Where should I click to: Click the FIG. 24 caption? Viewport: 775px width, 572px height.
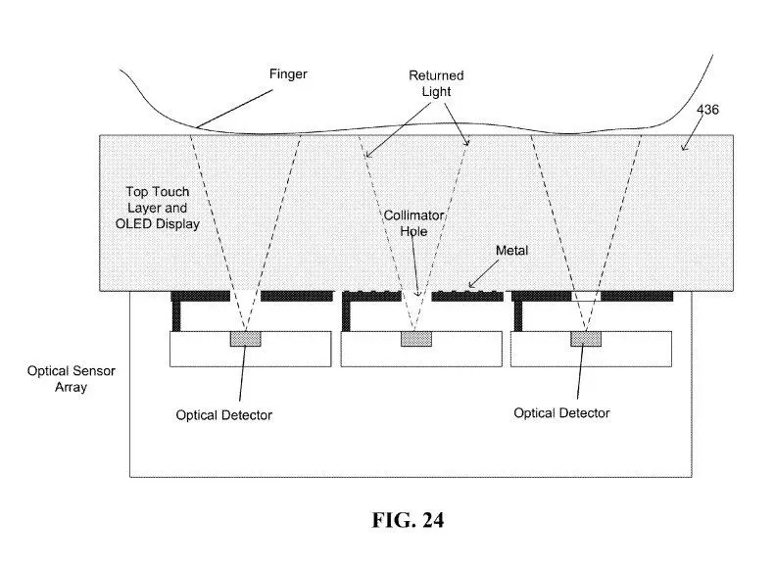coord(408,520)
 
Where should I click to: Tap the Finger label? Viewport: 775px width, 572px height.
coord(288,74)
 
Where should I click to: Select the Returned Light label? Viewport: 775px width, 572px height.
coord(436,83)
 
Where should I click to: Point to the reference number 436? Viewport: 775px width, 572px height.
coord(707,109)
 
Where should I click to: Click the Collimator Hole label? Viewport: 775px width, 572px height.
coord(414,223)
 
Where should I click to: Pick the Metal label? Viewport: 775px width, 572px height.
coord(511,251)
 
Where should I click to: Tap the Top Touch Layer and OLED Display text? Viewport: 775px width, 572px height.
coord(158,208)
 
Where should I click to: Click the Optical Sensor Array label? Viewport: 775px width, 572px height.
coord(72,379)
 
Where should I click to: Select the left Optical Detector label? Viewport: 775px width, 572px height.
coord(224,415)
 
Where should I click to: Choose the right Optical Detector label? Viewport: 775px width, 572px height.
coord(561,413)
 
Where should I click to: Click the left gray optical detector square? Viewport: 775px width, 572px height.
coord(245,339)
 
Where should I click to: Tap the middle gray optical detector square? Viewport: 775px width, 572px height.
coord(416,339)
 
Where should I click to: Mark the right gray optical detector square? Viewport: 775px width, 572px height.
coord(586,339)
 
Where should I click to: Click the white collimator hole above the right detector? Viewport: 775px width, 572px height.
coord(586,297)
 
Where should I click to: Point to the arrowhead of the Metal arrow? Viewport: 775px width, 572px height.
coord(470,287)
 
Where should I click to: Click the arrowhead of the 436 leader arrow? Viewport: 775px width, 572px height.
coord(683,149)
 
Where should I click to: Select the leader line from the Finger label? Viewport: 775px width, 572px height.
coord(234,109)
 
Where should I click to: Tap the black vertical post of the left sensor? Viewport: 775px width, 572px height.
coord(176,316)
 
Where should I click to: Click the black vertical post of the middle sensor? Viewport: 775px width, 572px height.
coord(346,316)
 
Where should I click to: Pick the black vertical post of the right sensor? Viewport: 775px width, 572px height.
coord(518,316)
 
